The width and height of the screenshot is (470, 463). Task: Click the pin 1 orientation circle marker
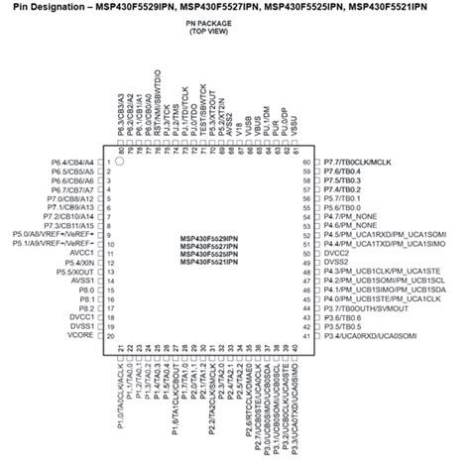(119, 160)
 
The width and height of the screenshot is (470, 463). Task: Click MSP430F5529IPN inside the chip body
(211, 239)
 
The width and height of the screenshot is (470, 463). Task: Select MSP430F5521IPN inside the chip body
(211, 263)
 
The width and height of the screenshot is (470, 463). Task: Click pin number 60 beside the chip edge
(306, 161)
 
